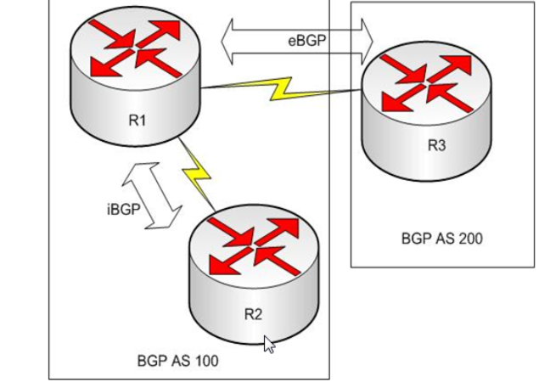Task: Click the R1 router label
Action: pos(137,120)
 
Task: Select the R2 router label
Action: pos(253,313)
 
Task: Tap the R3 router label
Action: pos(435,144)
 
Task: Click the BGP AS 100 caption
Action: pos(177,361)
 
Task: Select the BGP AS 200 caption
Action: pos(441,239)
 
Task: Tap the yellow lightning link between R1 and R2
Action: pos(197,173)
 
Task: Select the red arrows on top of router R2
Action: pos(253,246)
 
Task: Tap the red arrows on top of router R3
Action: pos(426,82)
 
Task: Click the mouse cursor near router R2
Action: pos(269,344)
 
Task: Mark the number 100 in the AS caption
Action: pos(205,361)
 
